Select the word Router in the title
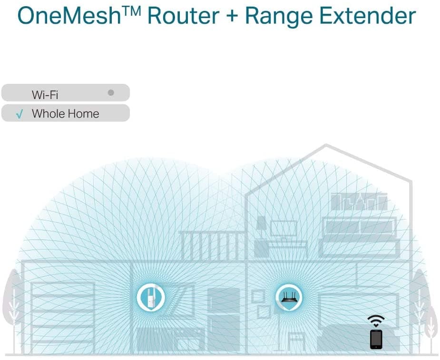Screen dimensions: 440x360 point(183,16)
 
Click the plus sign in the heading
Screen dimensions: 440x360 point(232,16)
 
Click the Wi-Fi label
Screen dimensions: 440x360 point(45,95)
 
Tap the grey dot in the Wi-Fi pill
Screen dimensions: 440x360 point(111,92)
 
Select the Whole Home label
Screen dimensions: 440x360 point(65,113)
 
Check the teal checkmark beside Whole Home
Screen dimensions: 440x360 point(20,114)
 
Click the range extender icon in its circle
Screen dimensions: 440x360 point(151,298)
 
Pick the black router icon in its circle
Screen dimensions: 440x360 point(288,297)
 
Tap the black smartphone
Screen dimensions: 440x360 point(376,339)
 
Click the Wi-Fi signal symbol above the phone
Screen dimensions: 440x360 point(376,320)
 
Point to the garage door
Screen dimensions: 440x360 point(63,317)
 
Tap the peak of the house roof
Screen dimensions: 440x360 point(326,145)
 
